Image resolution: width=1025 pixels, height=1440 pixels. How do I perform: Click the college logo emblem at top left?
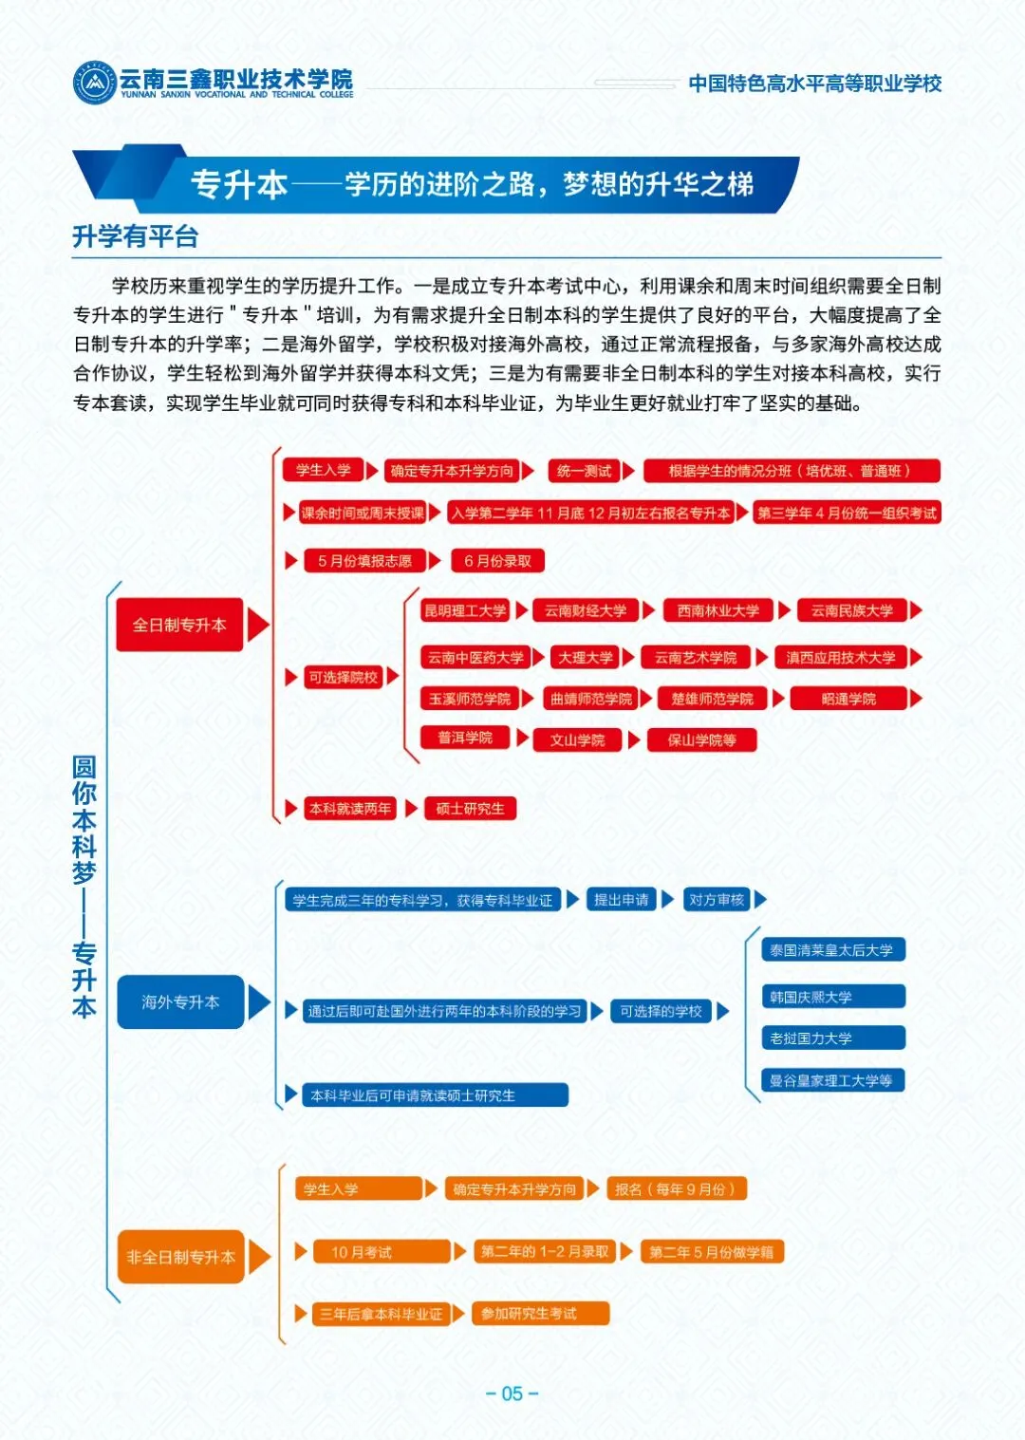(94, 83)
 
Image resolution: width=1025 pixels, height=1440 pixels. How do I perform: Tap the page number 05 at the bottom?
(512, 1393)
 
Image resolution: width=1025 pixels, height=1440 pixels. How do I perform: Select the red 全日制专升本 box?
(179, 625)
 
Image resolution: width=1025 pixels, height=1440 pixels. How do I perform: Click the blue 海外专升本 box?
(180, 1002)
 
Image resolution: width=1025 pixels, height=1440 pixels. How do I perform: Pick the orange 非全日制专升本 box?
(180, 1257)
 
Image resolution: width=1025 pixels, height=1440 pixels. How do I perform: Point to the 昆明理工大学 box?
(465, 610)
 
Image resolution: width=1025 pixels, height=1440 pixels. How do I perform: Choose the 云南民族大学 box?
(851, 610)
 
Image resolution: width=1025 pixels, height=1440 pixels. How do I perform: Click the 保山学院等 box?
(702, 739)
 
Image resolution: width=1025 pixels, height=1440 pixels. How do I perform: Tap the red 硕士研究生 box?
(470, 809)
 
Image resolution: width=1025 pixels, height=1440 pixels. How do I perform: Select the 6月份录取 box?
(497, 561)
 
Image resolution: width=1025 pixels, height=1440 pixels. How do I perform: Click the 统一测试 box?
(584, 471)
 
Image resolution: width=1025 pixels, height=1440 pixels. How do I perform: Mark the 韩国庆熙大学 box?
(833, 997)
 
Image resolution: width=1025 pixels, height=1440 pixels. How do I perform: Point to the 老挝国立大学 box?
(833, 1038)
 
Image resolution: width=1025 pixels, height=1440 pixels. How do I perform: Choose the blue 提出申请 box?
(622, 900)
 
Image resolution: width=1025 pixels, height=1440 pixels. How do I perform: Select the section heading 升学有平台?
(136, 236)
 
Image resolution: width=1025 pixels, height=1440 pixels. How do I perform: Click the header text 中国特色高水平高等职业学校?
(814, 84)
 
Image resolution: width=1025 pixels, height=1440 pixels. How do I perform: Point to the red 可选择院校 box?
(343, 677)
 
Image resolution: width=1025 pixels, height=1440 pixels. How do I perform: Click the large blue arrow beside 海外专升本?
(258, 1002)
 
